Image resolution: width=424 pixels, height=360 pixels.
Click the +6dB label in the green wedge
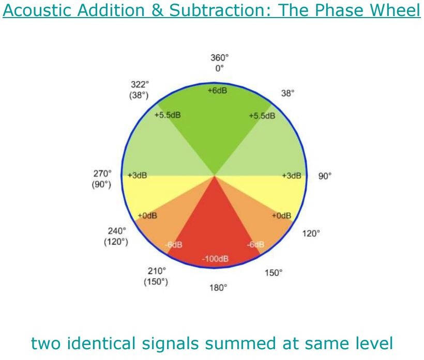click(217, 90)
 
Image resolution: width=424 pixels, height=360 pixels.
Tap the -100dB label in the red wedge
click(215, 259)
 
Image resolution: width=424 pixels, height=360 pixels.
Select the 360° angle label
click(219, 57)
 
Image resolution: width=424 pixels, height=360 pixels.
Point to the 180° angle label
click(218, 288)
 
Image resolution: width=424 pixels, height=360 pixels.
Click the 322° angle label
click(140, 85)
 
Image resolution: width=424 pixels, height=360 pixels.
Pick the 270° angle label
click(102, 174)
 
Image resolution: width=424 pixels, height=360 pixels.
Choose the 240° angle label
click(117, 231)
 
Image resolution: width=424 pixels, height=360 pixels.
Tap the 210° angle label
click(157, 271)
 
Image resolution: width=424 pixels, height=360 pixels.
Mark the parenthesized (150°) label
click(156, 281)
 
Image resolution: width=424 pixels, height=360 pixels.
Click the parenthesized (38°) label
click(139, 95)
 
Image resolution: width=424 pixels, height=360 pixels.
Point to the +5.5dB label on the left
click(168, 115)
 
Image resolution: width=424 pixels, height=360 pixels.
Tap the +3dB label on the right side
click(292, 176)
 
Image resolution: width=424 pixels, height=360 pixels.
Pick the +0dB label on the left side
click(147, 216)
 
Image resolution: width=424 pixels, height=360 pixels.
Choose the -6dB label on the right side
click(255, 244)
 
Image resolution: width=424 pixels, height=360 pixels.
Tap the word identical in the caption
click(101, 343)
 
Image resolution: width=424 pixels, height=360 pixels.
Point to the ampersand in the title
click(158, 10)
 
